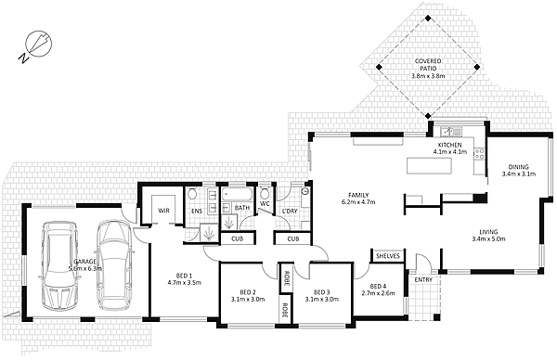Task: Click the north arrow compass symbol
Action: click(35, 45)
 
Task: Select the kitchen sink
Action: click(451, 132)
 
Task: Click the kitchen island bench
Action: click(429, 166)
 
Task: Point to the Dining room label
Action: click(519, 166)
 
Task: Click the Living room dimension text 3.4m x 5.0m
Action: click(488, 239)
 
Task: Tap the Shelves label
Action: click(388, 256)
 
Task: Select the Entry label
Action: click(423, 280)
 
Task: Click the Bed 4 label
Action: click(378, 286)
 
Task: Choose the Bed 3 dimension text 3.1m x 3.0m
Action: click(322, 300)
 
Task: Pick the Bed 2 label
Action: click(248, 292)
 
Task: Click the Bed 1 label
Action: click(184, 276)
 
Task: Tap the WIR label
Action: click(163, 211)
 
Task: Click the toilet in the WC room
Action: click(265, 194)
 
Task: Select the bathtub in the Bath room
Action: click(238, 195)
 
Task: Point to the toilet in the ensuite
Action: click(192, 194)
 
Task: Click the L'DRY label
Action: click(290, 211)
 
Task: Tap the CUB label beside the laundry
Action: click(293, 239)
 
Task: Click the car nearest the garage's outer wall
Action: click(59, 266)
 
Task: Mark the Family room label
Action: click(358, 195)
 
